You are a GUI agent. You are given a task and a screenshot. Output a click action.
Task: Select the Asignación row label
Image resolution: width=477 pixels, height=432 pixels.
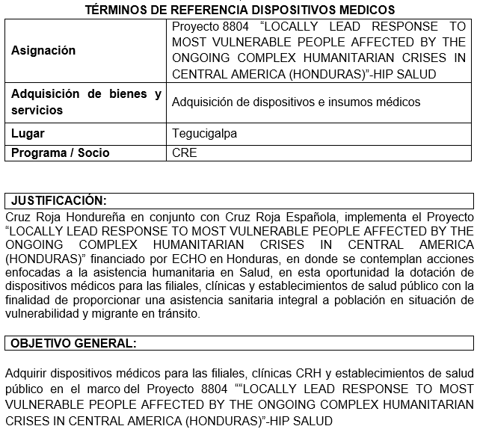coord(43,51)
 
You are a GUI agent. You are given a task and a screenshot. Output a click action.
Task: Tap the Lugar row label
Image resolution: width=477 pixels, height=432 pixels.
coord(28,134)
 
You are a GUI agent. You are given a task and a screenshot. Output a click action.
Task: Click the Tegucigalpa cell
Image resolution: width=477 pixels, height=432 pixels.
coord(204,134)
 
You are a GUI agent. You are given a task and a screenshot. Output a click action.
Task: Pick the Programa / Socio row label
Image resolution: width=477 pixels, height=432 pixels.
coord(61,152)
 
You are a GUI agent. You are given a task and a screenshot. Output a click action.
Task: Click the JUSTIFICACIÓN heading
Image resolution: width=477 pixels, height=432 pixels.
coord(59,200)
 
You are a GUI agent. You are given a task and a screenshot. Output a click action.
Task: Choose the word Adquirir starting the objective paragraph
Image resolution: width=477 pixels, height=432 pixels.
coord(26,373)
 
